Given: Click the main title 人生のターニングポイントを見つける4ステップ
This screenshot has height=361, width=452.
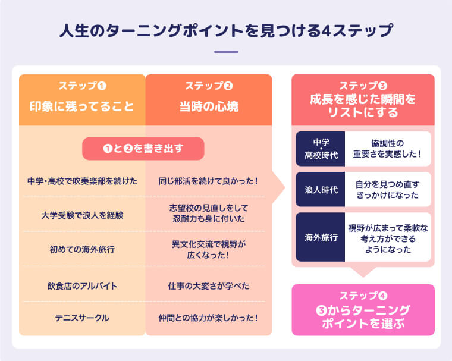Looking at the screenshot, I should [x=225, y=30].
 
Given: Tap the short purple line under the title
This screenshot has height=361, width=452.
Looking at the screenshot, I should [x=225, y=52].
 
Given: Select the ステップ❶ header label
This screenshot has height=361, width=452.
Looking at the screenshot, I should [x=82, y=86].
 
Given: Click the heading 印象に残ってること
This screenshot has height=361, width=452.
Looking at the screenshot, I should [x=82, y=107].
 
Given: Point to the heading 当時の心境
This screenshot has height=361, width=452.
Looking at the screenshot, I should [x=209, y=107].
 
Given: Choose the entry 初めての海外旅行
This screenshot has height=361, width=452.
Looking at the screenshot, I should [x=82, y=249].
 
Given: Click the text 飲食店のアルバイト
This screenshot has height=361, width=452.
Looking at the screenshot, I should [x=82, y=285].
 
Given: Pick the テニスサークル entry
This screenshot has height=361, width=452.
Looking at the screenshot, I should [x=82, y=318].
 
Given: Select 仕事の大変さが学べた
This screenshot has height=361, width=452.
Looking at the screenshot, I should [x=209, y=285].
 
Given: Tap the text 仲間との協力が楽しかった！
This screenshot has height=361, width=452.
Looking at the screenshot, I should [x=209, y=318].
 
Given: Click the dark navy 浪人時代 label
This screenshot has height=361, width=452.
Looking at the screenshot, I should [x=321, y=190].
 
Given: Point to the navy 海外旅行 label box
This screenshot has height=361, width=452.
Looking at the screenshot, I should [x=321, y=237].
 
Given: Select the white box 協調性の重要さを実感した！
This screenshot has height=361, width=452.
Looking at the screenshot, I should [x=387, y=149].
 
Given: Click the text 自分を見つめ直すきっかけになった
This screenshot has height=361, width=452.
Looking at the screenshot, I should [x=387, y=190].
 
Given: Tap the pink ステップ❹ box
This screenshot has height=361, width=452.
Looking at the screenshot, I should [x=363, y=310].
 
